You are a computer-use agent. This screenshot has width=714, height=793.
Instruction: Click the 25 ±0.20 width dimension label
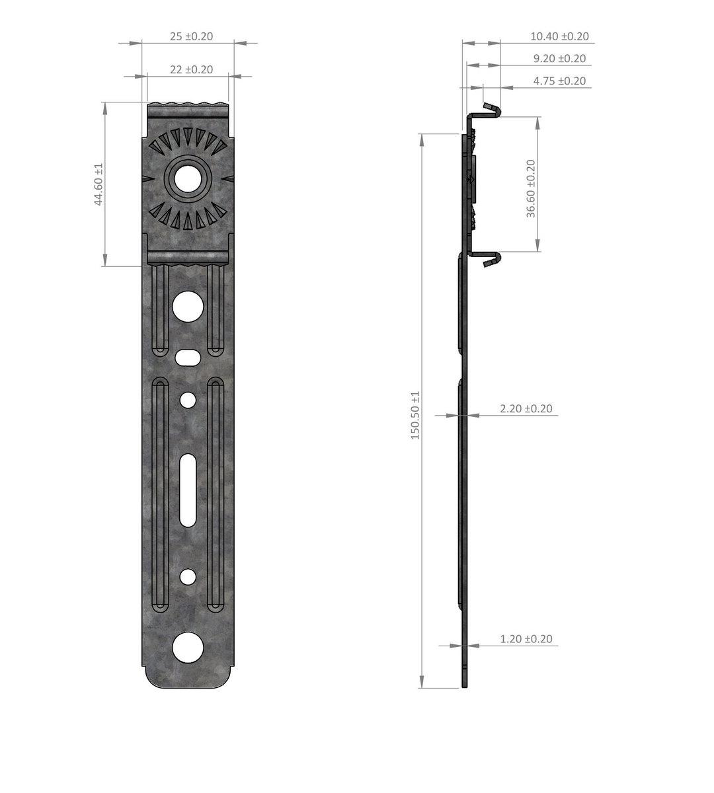click(x=192, y=36)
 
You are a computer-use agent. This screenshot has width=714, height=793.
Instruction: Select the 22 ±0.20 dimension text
click(x=192, y=69)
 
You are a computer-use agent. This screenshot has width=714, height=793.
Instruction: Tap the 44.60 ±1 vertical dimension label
click(x=99, y=184)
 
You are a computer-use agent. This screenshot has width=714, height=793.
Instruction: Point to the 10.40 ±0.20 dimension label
click(x=559, y=36)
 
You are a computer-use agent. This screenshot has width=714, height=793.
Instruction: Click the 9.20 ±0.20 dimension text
click(x=559, y=59)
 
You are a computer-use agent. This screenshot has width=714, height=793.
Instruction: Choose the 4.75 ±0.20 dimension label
click(x=559, y=81)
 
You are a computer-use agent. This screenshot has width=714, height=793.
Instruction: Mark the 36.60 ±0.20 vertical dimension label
click(x=531, y=188)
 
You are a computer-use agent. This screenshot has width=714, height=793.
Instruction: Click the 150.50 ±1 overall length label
click(x=415, y=416)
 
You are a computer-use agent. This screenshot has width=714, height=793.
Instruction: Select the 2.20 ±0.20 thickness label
click(x=526, y=408)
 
